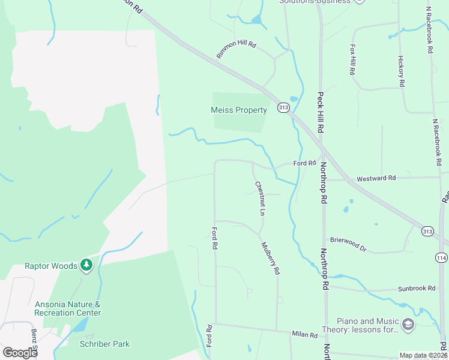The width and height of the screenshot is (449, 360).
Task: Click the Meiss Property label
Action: click(238, 110)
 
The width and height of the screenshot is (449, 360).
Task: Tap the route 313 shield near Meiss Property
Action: click(284, 107)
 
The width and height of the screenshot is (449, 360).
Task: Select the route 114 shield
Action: click(442, 257)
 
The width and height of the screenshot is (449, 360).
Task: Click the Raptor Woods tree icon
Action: click(87, 265)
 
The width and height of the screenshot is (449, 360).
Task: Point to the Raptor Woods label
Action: click(51, 266)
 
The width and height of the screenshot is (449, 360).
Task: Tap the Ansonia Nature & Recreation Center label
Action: click(67, 308)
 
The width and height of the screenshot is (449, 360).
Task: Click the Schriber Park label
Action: click(104, 344)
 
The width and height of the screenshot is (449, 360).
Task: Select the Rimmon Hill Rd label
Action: click(237, 50)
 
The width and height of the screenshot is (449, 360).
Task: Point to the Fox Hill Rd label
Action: click(352, 59)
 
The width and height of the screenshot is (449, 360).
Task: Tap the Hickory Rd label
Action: click(401, 70)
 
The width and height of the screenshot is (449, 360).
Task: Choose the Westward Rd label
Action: click(376, 178)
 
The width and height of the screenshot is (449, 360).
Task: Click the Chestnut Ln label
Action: click(259, 198)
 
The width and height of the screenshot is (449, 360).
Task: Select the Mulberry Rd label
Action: click(270, 258)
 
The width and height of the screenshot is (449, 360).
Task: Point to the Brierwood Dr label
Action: click(348, 243)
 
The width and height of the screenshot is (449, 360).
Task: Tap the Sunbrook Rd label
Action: click(417, 289)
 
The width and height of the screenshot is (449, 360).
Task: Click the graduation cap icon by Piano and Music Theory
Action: click(408, 325)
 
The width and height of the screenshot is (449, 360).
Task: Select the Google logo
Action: click(20, 353)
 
